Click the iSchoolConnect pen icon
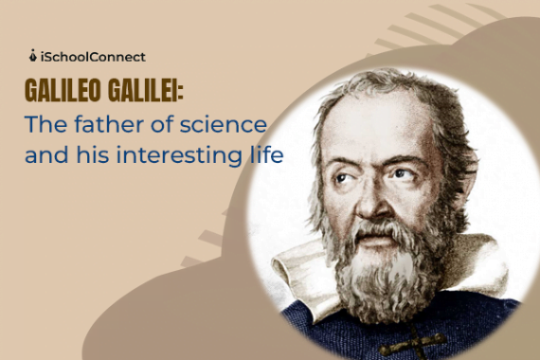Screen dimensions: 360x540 34,55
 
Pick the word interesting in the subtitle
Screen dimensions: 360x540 186,154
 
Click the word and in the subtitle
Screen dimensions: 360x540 46,154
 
